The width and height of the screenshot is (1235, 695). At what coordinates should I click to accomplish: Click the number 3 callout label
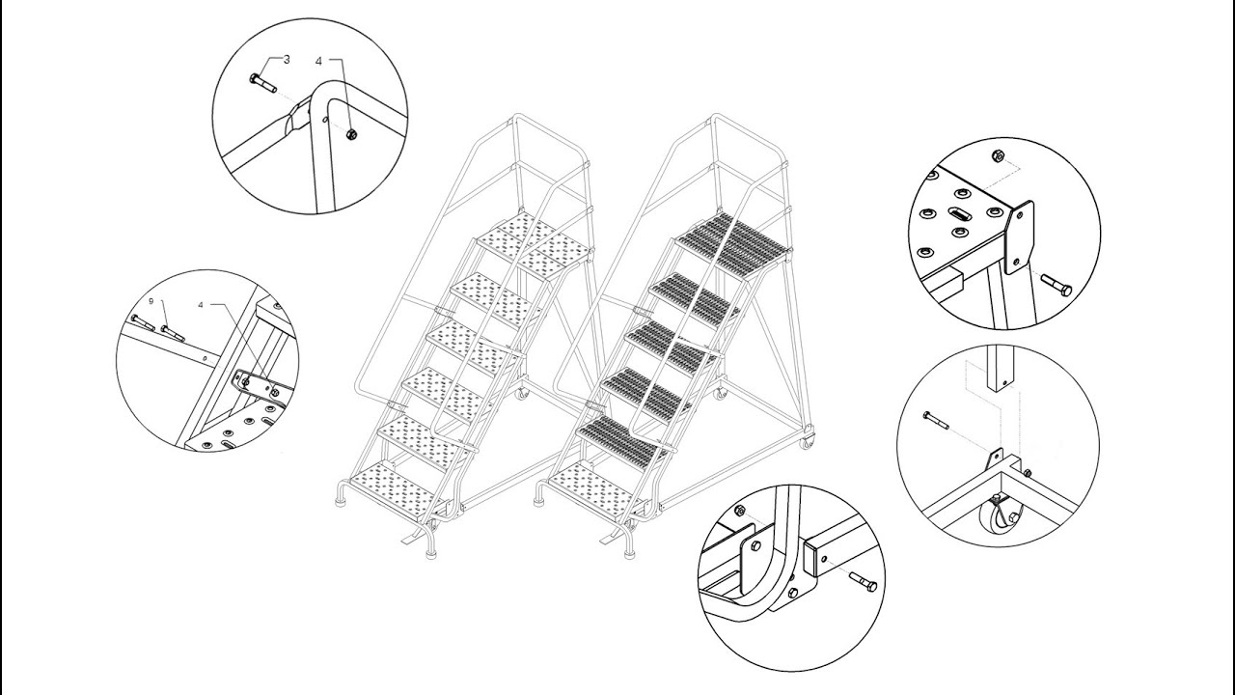(x=287, y=59)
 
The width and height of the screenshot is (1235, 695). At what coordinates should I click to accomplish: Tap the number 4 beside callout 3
(x=318, y=61)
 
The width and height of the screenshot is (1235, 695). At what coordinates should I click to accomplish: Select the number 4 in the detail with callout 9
(x=200, y=304)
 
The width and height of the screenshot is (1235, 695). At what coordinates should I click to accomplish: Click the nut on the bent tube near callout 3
(x=351, y=133)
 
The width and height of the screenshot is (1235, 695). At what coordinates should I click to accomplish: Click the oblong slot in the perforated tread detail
(x=960, y=214)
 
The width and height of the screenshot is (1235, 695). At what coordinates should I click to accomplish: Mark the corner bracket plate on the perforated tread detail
(x=1019, y=236)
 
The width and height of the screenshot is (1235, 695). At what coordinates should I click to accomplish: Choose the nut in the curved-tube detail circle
(x=740, y=510)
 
